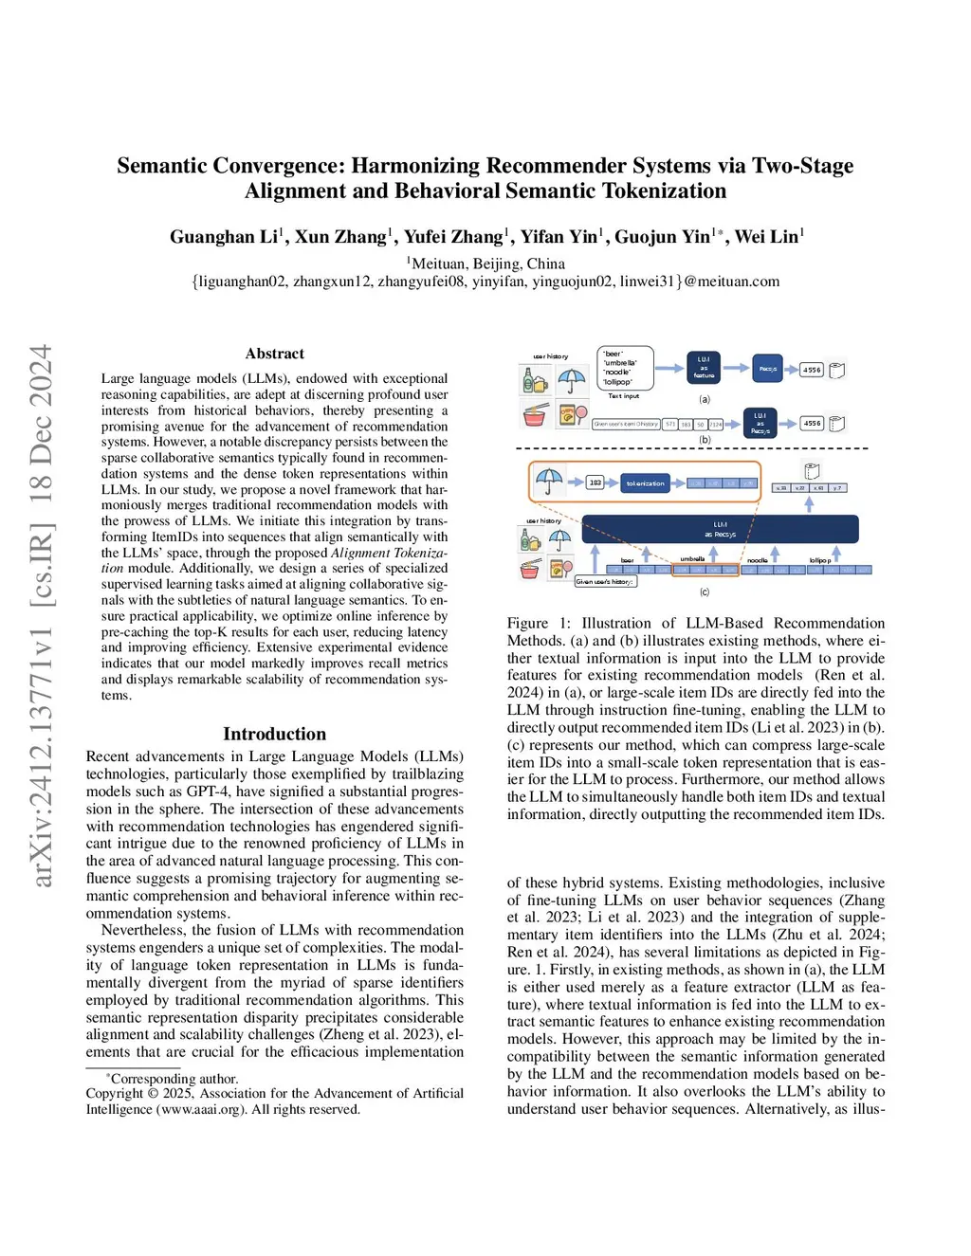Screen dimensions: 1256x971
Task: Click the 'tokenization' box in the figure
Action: (x=645, y=483)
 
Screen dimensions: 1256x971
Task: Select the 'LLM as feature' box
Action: (x=704, y=368)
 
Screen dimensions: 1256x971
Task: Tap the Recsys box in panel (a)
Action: (x=768, y=369)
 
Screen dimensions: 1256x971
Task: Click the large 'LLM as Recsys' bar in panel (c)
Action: (x=721, y=529)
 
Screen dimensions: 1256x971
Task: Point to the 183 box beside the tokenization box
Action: (x=595, y=482)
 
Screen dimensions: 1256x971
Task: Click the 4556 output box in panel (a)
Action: (x=813, y=371)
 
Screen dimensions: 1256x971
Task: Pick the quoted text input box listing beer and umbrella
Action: (x=624, y=368)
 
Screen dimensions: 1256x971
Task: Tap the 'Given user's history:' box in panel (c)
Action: (x=605, y=582)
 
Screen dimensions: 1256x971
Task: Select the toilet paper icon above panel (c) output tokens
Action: (x=812, y=470)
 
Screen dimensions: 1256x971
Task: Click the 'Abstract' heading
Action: (x=275, y=354)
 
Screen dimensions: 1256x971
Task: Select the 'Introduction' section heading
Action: (x=274, y=734)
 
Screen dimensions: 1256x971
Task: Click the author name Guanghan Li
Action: (x=224, y=237)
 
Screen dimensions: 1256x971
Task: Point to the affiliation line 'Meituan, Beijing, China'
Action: (x=487, y=264)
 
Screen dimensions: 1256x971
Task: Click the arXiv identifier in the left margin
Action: (x=42, y=616)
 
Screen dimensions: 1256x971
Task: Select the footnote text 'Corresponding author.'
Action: (x=174, y=1079)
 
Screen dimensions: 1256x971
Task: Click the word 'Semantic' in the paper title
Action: (x=161, y=166)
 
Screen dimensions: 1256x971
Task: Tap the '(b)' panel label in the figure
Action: (x=705, y=440)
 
